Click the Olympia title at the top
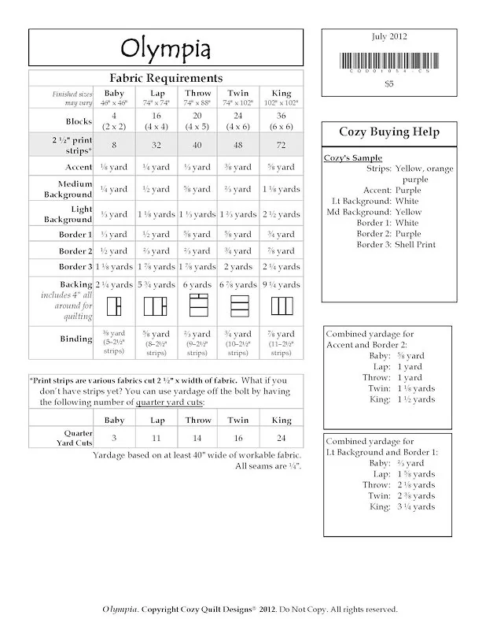tap(165, 49)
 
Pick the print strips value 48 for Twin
tap(237, 146)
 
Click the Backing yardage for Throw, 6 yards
tap(197, 284)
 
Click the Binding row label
tap(76, 339)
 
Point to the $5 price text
tap(388, 83)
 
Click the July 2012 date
tap(388, 36)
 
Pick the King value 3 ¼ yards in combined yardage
tap(413, 506)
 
